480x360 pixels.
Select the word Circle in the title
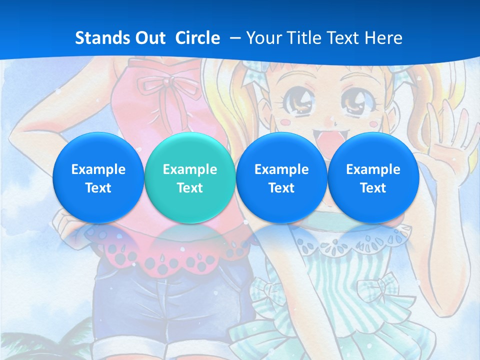pyautogui.click(x=197, y=38)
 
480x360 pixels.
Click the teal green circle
pyautogui.click(x=189, y=178)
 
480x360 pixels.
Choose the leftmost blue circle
pyautogui.click(x=98, y=178)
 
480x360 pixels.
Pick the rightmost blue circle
pyautogui.click(x=373, y=178)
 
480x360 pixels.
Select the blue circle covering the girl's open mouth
pyautogui.click(x=281, y=178)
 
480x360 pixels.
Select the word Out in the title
pyautogui.click(x=150, y=38)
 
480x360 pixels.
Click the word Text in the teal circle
pyautogui.click(x=189, y=188)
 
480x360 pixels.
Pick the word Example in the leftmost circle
pyautogui.click(x=98, y=169)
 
